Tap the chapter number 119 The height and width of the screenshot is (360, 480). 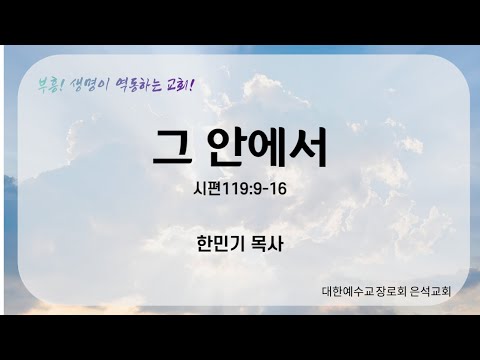[237, 189]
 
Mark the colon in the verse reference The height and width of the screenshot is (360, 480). [252, 190]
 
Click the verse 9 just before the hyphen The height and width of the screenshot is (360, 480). [258, 189]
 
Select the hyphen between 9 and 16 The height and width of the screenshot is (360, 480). [265, 190]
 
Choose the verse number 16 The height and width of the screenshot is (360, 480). [277, 189]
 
